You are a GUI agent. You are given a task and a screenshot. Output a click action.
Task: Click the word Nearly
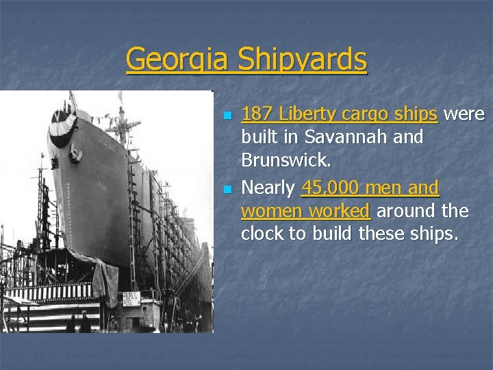(x=268, y=187)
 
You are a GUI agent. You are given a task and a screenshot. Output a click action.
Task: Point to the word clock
(x=262, y=234)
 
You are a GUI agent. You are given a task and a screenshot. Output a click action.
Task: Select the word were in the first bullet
(x=464, y=113)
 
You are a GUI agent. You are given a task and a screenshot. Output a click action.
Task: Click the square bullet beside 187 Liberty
(x=228, y=114)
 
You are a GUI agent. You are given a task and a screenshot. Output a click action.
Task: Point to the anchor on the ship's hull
(x=76, y=156)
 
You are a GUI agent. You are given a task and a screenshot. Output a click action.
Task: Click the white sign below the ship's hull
(x=131, y=299)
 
